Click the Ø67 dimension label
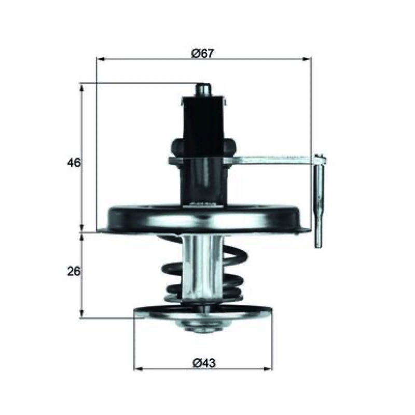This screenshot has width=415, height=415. (202, 53)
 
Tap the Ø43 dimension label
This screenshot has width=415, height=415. (204, 363)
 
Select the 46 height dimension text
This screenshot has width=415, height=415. (74, 162)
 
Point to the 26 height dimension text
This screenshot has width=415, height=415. (74, 271)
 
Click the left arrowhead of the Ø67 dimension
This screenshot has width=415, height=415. (101, 59)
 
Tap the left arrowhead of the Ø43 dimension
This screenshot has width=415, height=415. (139, 369)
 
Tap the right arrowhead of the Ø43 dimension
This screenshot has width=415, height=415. (268, 369)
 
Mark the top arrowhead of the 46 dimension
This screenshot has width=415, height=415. (82, 89)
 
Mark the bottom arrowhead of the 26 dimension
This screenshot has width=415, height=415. (82, 313)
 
